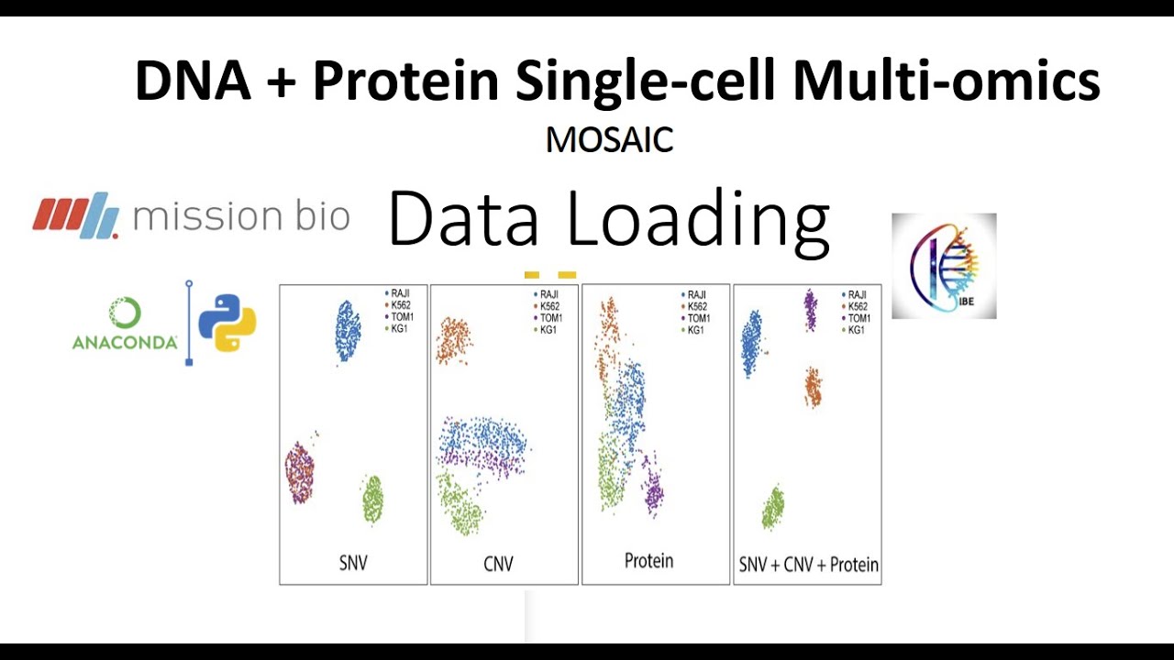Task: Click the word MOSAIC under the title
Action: tap(609, 140)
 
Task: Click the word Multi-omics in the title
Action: tap(947, 81)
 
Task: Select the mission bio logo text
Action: tap(240, 216)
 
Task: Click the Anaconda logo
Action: tap(125, 324)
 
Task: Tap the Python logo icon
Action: tap(227, 323)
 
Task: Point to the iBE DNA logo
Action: tap(944, 266)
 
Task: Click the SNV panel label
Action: tap(353, 563)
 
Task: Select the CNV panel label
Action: tap(498, 563)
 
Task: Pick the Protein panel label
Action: tap(648, 560)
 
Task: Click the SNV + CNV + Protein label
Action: tap(808, 566)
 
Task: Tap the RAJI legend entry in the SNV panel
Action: tap(401, 294)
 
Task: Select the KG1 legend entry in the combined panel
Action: tap(855, 329)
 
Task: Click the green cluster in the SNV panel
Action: tap(371, 500)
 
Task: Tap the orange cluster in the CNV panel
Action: tap(453, 340)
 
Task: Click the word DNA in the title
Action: tap(193, 81)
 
